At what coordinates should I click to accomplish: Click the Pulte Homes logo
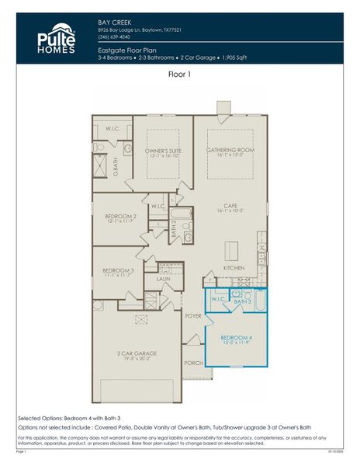57,39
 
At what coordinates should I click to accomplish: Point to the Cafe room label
230,206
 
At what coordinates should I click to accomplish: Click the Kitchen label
234,267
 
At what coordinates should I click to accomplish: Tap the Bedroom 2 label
122,216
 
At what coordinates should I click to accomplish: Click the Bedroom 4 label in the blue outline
236,338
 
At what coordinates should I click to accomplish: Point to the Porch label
193,363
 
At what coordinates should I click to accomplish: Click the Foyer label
193,316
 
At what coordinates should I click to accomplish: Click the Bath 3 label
243,301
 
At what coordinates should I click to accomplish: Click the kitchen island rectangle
231,251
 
